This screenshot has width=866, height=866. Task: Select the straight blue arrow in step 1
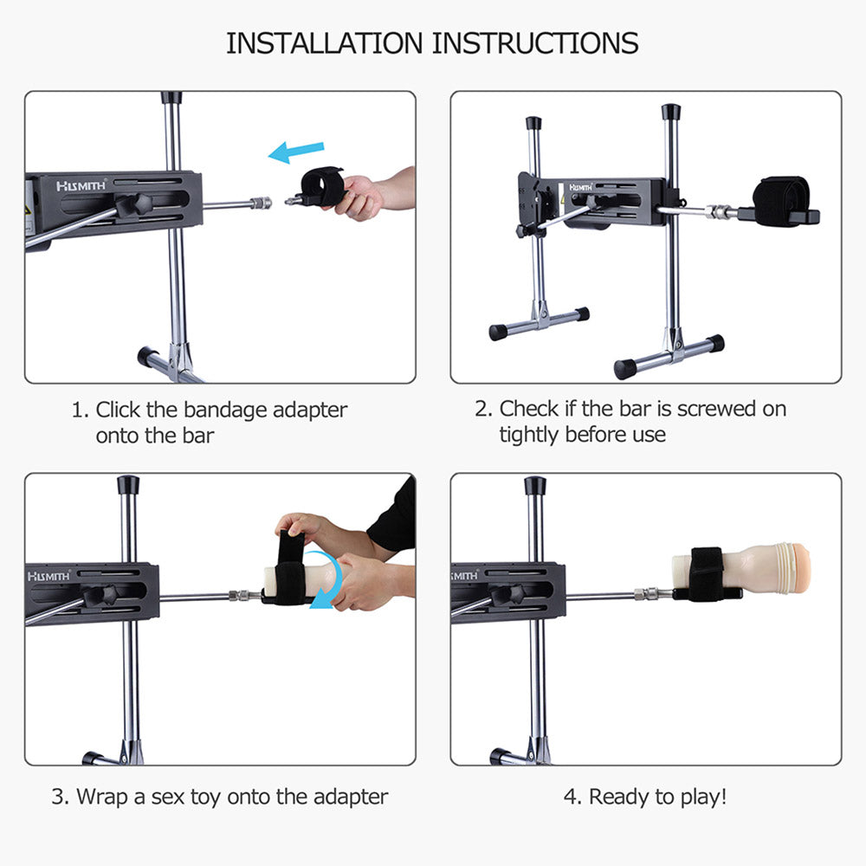(x=296, y=152)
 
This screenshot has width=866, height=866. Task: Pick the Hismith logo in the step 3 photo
(x=50, y=576)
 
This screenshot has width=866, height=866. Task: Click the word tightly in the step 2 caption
(x=530, y=435)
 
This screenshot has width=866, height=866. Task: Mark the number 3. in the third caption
(x=60, y=797)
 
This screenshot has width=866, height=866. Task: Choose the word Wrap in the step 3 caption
(x=102, y=797)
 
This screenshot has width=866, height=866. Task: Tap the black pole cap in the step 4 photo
(x=535, y=485)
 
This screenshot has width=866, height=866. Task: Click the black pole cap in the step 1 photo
(x=171, y=97)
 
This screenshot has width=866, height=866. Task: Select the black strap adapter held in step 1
(x=320, y=185)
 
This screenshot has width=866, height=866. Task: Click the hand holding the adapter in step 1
(x=364, y=195)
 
